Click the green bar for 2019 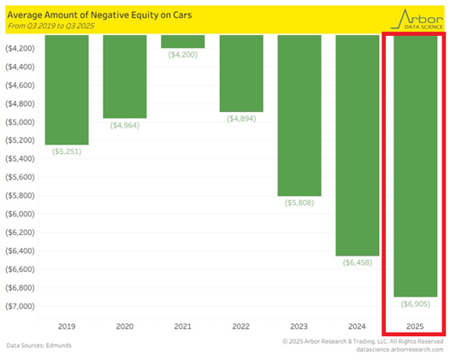[67, 90]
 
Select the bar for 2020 [124, 77]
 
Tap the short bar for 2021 [182, 42]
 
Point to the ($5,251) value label [67, 151]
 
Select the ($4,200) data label [182, 55]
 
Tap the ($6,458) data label [357, 263]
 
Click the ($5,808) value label [299, 203]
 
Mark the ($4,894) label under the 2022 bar [240, 119]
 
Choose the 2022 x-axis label [240, 326]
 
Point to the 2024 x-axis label [357, 326]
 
